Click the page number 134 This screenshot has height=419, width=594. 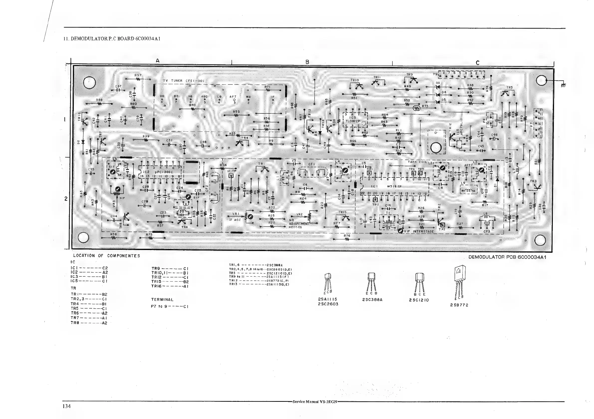coord(67,406)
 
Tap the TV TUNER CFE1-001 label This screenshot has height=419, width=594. coord(184,81)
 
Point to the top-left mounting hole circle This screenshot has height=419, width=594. coord(90,83)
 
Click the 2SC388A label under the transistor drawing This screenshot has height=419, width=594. coord(372,300)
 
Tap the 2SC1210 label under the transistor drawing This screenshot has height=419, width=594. coord(419,300)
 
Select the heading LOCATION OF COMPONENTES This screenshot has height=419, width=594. coord(107,256)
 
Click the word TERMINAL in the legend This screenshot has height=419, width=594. coord(162,300)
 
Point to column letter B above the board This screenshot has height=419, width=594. coord(307,62)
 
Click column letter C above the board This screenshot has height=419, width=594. coord(477,63)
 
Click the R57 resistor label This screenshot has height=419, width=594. coord(138,75)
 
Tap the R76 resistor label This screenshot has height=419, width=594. coord(347,236)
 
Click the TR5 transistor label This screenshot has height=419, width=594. coord(509,88)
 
